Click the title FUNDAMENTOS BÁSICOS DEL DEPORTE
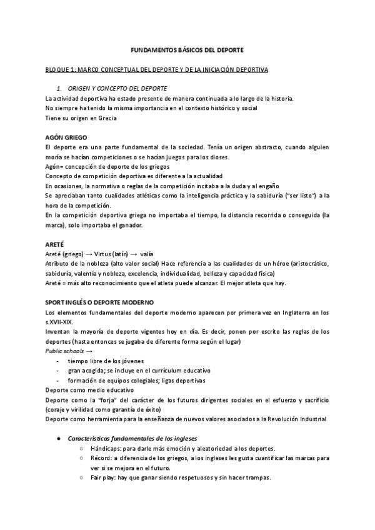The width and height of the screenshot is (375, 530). (187, 48)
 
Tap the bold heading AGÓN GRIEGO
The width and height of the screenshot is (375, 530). (66, 136)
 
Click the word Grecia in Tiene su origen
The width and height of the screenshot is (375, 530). (105, 117)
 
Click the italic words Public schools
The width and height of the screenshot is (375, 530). (65, 351)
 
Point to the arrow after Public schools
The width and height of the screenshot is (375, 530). (89, 351)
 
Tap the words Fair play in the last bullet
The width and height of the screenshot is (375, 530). (102, 477)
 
